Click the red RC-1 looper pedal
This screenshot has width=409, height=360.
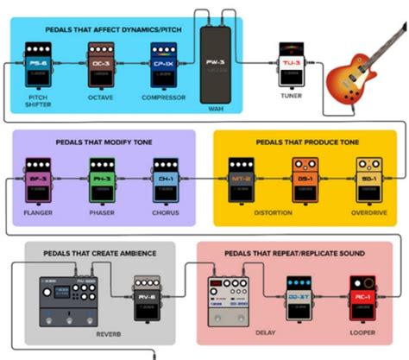362,298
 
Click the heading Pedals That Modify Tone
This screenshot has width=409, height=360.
101,142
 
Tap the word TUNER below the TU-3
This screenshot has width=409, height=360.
289,97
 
